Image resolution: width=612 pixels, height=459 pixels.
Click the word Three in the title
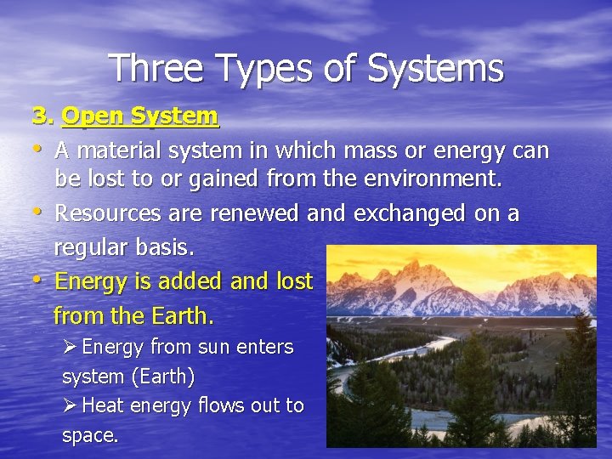click(156, 68)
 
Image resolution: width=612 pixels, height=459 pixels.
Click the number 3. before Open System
click(43, 116)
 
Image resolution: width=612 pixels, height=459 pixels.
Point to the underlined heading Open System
click(141, 116)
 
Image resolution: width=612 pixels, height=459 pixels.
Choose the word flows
click(220, 405)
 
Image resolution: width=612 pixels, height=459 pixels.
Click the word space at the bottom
click(88, 435)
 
